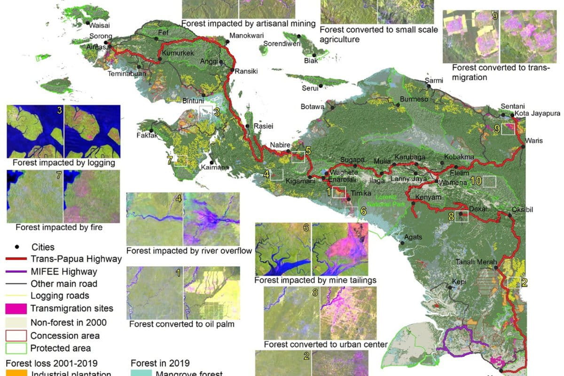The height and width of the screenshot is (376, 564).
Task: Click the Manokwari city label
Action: click(247, 36)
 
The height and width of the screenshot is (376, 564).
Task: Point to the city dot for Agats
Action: click(403, 243)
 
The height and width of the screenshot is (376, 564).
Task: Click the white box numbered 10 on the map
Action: click(489, 182)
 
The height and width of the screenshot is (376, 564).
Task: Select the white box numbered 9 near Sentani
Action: click(508, 128)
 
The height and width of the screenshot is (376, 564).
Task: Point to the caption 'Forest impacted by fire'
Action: click(59, 227)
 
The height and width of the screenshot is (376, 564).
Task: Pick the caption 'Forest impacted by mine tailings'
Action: click(315, 281)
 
